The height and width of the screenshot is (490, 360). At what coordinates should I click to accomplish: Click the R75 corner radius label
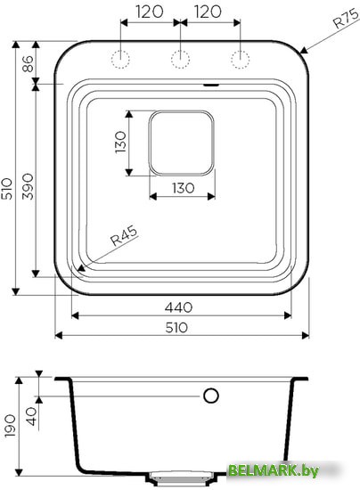[347, 20]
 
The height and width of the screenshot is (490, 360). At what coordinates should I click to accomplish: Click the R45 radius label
[125, 236]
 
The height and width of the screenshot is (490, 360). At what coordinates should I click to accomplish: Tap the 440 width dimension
[179, 307]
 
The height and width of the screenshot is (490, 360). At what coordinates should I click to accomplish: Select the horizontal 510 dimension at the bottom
[176, 328]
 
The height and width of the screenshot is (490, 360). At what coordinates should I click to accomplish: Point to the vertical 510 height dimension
[7, 189]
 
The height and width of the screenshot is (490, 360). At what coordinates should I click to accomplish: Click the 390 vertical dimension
[28, 186]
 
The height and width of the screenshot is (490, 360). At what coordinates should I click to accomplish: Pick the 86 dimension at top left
[28, 63]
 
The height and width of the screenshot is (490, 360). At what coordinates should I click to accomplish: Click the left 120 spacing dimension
[150, 12]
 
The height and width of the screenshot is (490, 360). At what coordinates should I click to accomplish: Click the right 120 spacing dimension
[209, 12]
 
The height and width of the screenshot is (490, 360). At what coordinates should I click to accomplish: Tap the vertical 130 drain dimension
[120, 143]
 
